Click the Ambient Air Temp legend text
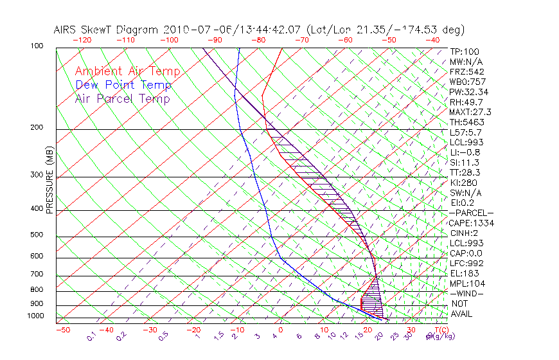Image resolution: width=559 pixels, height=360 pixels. click(127, 72)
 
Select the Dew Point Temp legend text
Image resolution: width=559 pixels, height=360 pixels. click(123, 85)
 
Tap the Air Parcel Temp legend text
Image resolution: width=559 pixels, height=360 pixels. click(122, 99)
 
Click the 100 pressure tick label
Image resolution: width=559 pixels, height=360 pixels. click(37, 46)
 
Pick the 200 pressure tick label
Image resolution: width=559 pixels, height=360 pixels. click(37, 128)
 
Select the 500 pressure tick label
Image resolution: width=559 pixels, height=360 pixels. click(37, 235)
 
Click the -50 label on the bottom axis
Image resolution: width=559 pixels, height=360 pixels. click(62, 330)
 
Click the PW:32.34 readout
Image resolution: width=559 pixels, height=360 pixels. click(466, 92)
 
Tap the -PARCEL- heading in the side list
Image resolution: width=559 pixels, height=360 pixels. click(471, 213)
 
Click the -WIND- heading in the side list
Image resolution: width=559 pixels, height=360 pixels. click(466, 293)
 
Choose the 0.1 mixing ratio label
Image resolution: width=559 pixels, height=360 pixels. click(91, 336)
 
